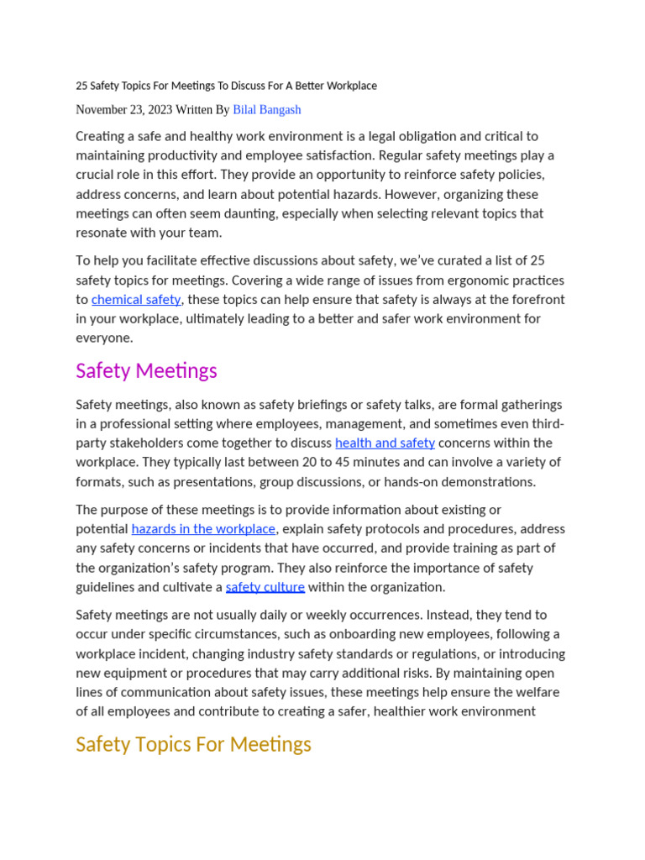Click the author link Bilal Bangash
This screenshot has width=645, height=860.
pos(266,110)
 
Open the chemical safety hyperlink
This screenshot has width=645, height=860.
pos(136,300)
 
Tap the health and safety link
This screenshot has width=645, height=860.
pos(385,443)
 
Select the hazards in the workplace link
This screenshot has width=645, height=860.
pos(203,529)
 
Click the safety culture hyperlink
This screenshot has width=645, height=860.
pos(265,587)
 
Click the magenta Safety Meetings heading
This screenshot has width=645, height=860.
pos(146,371)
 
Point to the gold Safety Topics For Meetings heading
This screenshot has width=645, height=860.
pos(193,745)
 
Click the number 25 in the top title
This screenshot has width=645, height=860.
pos(81,86)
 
